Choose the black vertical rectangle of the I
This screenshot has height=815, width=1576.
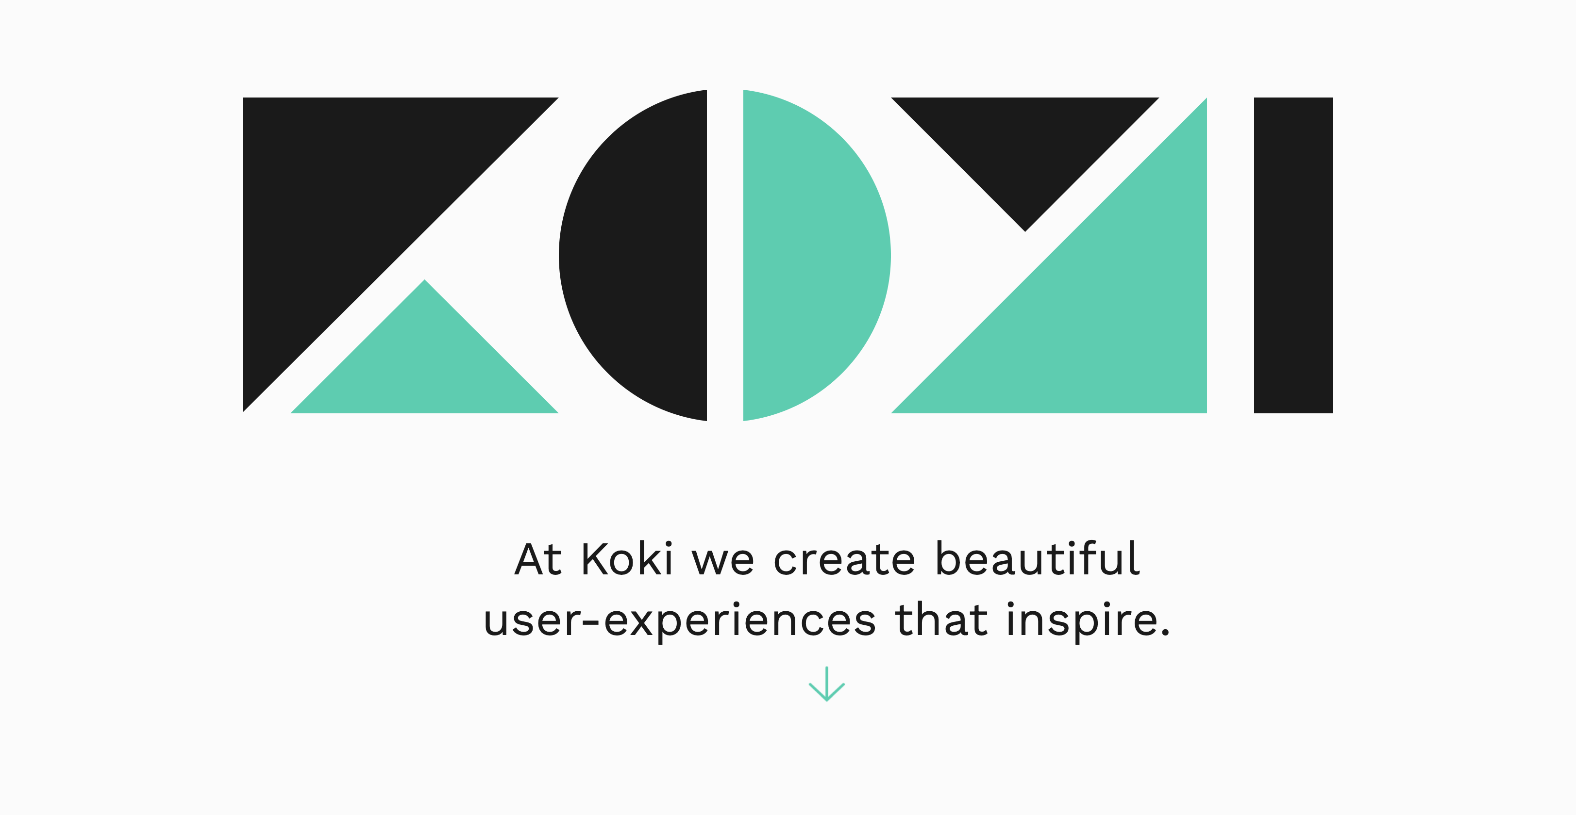(1293, 256)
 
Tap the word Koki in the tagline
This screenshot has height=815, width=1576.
(627, 559)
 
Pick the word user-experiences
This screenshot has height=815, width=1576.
(680, 621)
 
